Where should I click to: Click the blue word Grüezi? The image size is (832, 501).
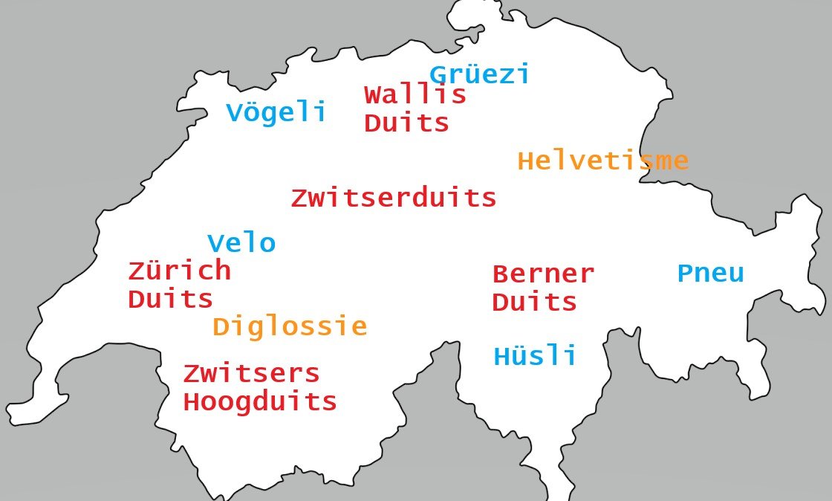click(480, 75)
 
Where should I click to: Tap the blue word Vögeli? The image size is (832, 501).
click(276, 113)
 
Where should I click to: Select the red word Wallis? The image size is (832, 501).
click(415, 95)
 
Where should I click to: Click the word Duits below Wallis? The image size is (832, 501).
click(407, 123)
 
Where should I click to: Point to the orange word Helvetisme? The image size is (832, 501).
click(602, 161)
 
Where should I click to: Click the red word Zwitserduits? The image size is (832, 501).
click(393, 198)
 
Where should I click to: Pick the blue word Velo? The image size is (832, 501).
click(241, 244)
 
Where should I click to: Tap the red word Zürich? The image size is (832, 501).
click(179, 271)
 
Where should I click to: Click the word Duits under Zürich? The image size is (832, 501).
click(171, 300)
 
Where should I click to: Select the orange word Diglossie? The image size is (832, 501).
click(290, 327)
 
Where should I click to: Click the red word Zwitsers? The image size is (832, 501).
click(251, 374)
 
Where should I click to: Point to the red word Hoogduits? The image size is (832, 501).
click(260, 402)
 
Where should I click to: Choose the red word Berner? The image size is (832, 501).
click(543, 274)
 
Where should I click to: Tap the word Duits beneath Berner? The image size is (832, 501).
click(535, 303)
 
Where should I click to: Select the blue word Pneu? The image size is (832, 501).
click(710, 274)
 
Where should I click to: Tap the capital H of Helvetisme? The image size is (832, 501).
click(525, 161)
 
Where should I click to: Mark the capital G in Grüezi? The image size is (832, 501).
click(438, 75)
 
